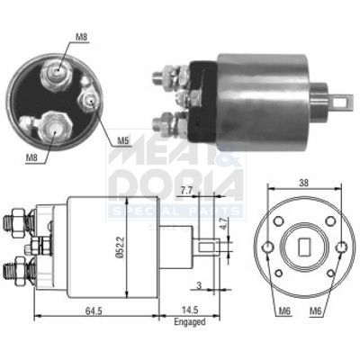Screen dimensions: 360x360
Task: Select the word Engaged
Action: (190, 321)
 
